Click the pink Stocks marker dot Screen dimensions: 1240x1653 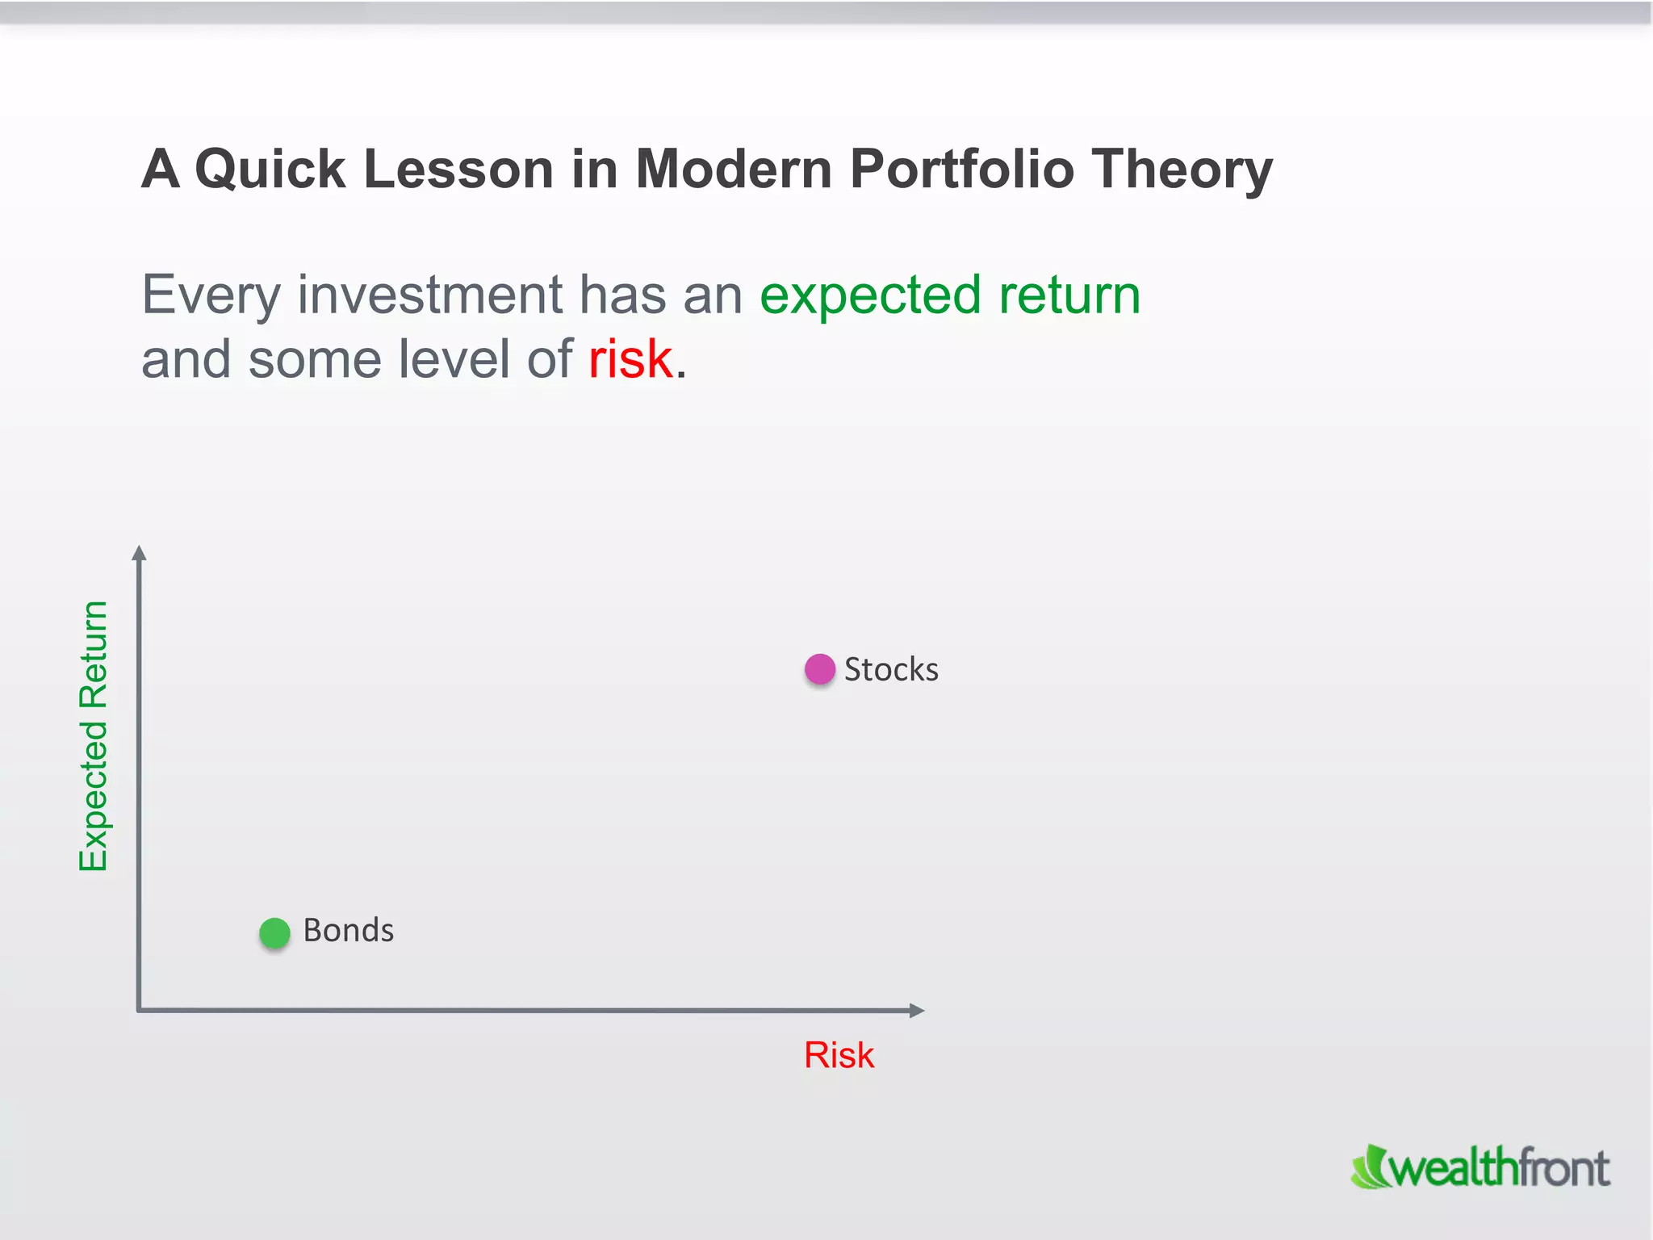(x=819, y=669)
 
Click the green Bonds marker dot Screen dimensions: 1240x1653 (x=274, y=932)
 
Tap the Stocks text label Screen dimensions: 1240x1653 (x=891, y=669)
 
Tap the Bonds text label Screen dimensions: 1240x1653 (x=349, y=930)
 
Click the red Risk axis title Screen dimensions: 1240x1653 (x=839, y=1055)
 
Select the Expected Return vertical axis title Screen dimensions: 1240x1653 (x=94, y=736)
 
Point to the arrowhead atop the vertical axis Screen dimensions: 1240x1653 (x=139, y=552)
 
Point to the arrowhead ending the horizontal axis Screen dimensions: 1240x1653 (x=916, y=1010)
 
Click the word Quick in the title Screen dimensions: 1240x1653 (x=270, y=170)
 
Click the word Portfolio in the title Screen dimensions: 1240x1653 (x=961, y=170)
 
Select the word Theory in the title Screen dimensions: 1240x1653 (x=1182, y=170)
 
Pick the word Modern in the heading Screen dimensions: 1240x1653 (x=733, y=170)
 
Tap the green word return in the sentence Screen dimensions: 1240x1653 (x=1069, y=295)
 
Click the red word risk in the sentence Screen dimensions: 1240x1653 (x=630, y=359)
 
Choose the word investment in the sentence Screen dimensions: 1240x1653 (x=429, y=295)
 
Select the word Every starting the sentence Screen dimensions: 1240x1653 (x=211, y=295)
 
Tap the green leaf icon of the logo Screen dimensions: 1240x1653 (x=1369, y=1168)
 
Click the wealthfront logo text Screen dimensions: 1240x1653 (x=1500, y=1168)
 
